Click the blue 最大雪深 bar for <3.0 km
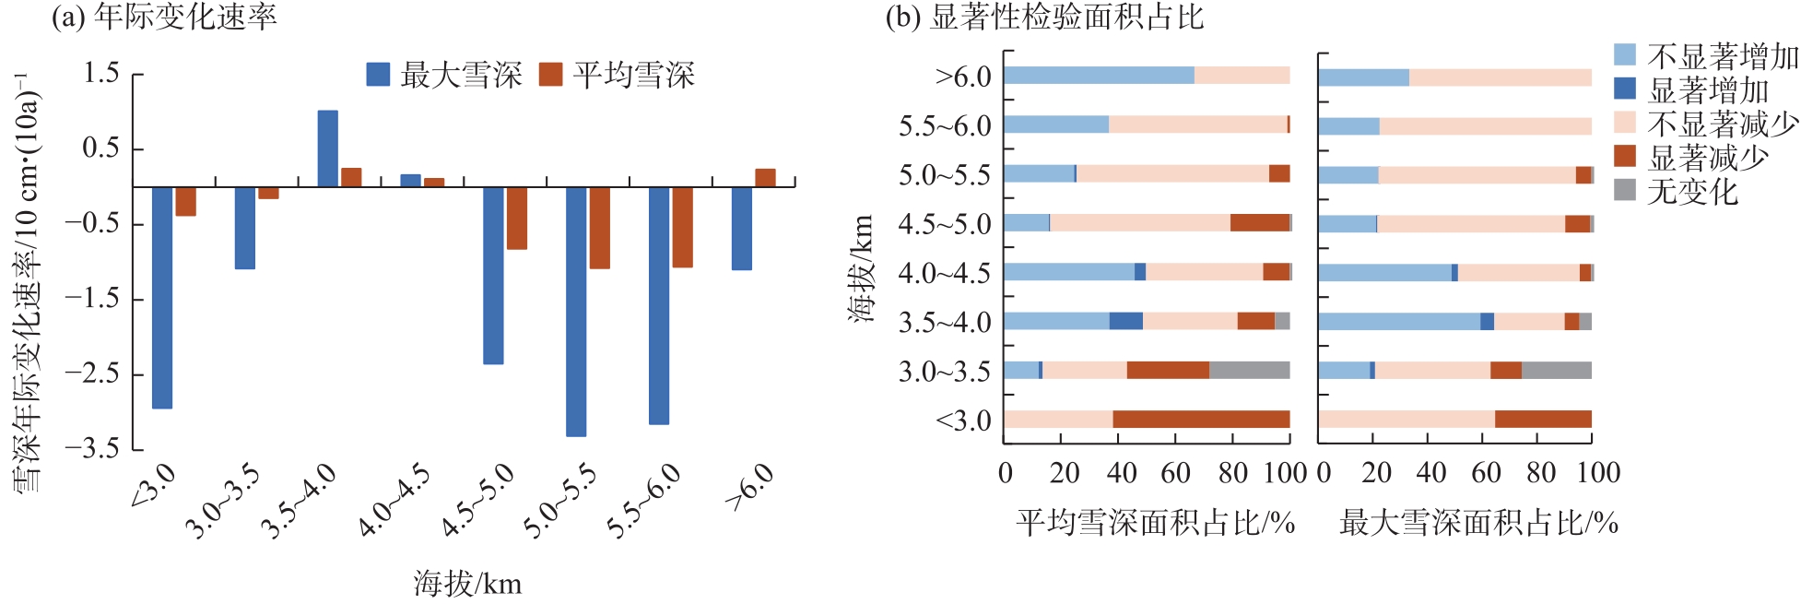[162, 297]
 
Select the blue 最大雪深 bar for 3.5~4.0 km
[327, 148]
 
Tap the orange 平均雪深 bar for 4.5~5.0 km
[516, 218]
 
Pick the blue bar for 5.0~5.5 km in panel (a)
[576, 311]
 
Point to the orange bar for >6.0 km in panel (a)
[765, 178]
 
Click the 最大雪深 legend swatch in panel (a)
[378, 75]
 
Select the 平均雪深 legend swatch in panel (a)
[550, 75]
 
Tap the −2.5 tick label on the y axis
[92, 374]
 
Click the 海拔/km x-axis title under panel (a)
[467, 584]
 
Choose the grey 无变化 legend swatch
[1625, 190]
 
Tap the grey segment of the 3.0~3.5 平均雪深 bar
[1249, 371]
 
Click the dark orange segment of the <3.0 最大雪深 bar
[1543, 420]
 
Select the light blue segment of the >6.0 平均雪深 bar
[1099, 76]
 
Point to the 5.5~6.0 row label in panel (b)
[945, 126]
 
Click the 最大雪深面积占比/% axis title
[1478, 524]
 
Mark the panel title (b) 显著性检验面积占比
[1044, 18]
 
